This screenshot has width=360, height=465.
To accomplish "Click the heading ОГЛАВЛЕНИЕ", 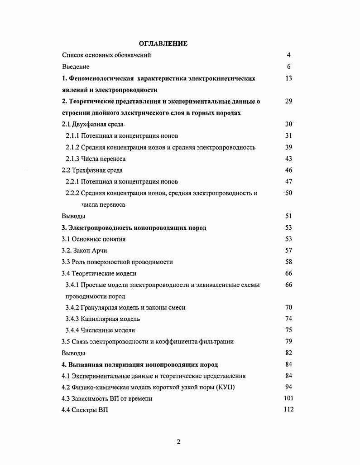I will pyautogui.click(x=163, y=44).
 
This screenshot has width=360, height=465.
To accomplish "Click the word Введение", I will pyautogui.click(x=76, y=67).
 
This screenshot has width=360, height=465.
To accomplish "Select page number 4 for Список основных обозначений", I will pyautogui.click(x=288, y=55).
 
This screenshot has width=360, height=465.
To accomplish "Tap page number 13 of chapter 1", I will pyautogui.click(x=289, y=78).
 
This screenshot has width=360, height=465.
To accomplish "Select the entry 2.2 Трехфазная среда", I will pyautogui.click(x=92, y=170).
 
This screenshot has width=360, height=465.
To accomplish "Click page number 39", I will pyautogui.click(x=289, y=147).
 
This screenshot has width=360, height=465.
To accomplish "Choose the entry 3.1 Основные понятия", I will pyautogui.click(x=94, y=239).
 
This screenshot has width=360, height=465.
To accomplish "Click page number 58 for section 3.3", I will pyautogui.click(x=289, y=262).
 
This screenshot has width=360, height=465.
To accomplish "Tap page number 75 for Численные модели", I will pyautogui.click(x=289, y=330).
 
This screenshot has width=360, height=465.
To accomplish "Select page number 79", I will pyautogui.click(x=289, y=342).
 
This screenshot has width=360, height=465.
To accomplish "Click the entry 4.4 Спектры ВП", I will pyautogui.click(x=85, y=410).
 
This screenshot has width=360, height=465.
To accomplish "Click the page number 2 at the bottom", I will pyautogui.click(x=178, y=442).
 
